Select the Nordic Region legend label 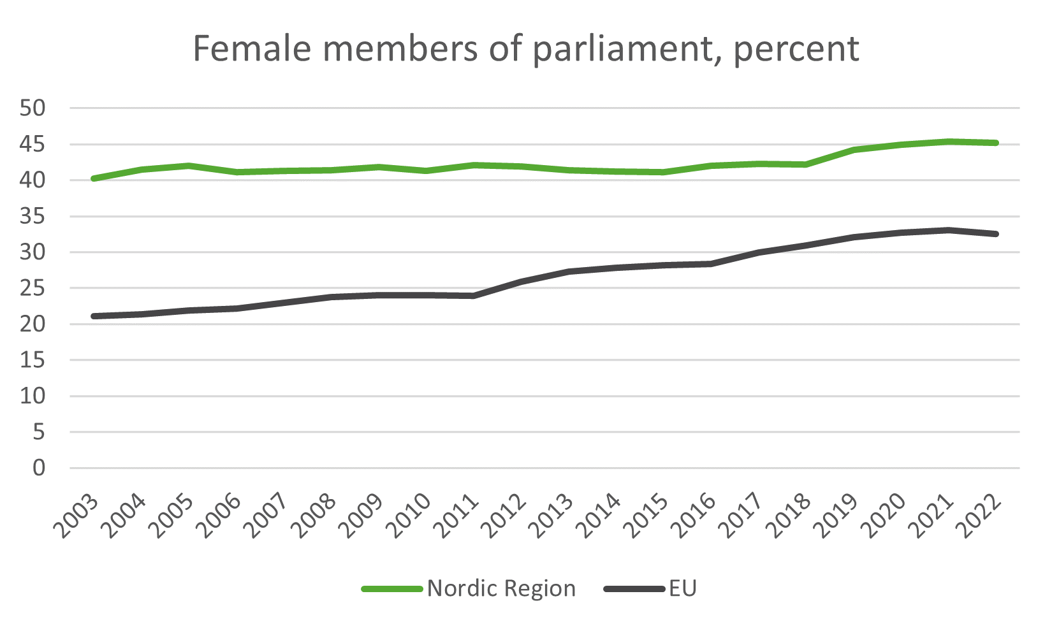(x=501, y=588)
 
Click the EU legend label (x=683, y=588)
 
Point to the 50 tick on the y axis (x=33, y=108)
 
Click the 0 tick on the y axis (x=40, y=468)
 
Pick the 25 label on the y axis (x=33, y=289)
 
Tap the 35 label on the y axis (x=33, y=217)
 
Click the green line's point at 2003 (x=94, y=178)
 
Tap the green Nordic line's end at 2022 (x=995, y=143)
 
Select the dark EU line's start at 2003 (x=94, y=316)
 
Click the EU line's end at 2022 (x=995, y=234)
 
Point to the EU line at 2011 (x=474, y=296)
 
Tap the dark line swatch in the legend (x=634, y=589)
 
